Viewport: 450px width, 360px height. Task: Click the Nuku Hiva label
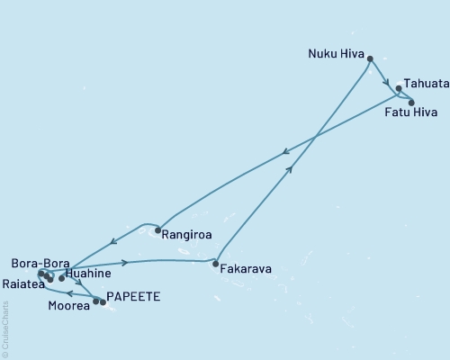[334, 53]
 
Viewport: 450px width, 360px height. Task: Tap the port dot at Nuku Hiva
[370, 58]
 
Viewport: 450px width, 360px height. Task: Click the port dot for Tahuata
[399, 88]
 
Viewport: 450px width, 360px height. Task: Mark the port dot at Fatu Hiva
[411, 103]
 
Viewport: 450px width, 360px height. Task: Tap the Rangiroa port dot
[158, 231]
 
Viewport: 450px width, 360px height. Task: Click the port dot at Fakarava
[214, 265]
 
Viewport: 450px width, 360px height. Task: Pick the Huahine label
[88, 273]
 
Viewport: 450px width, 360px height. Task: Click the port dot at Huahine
[61, 278]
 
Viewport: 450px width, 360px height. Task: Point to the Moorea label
[68, 306]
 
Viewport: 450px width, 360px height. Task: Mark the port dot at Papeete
[103, 302]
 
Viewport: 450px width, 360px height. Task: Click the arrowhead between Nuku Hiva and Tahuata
[385, 79]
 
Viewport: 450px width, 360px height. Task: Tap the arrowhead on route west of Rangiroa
[112, 241]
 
